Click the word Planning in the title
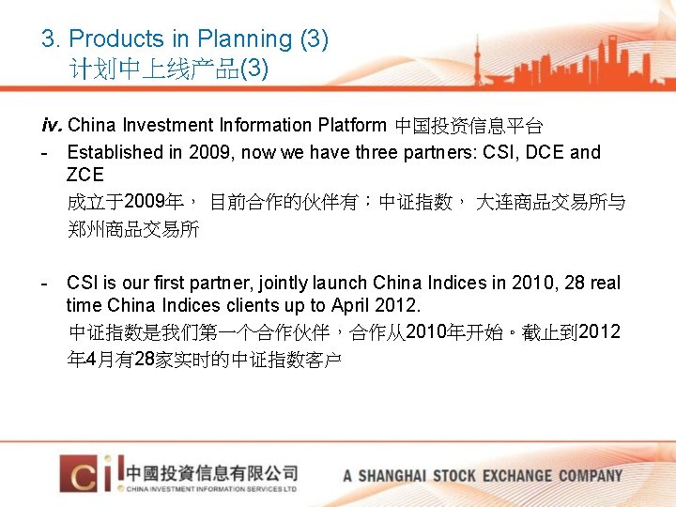click(x=244, y=39)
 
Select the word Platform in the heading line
click(x=351, y=125)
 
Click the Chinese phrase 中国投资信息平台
click(x=469, y=126)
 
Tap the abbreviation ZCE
click(x=85, y=175)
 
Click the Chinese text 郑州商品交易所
click(x=133, y=229)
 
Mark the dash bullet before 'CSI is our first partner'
click(x=45, y=283)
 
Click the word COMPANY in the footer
click(x=591, y=475)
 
